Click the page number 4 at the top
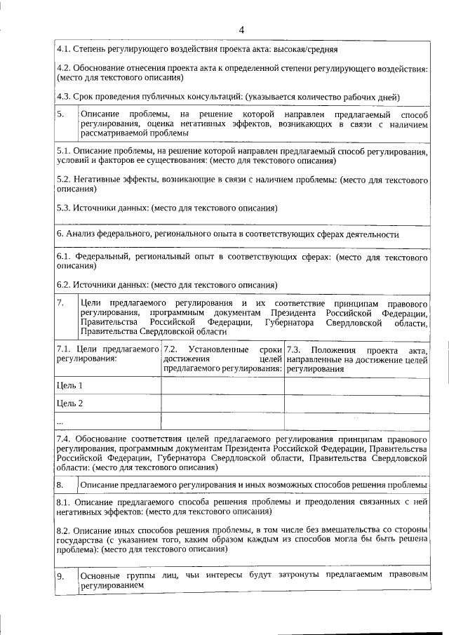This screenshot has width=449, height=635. (241, 29)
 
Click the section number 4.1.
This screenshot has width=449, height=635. (63, 50)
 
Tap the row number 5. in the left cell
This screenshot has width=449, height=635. (61, 114)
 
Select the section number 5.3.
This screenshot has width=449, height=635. (63, 208)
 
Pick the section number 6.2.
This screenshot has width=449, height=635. (63, 284)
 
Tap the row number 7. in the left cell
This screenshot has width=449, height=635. (61, 302)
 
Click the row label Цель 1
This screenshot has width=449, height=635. (69, 385)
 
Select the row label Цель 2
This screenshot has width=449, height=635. (69, 403)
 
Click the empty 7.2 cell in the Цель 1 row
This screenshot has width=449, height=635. (222, 386)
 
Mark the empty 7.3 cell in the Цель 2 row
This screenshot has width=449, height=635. (357, 404)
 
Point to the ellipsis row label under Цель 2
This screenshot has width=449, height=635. (60, 422)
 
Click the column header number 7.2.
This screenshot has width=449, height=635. (170, 349)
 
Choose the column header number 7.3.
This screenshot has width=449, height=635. (293, 349)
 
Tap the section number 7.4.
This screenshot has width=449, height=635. (63, 439)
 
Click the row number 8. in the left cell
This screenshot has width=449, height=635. (61, 485)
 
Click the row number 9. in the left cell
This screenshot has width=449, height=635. (61, 577)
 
